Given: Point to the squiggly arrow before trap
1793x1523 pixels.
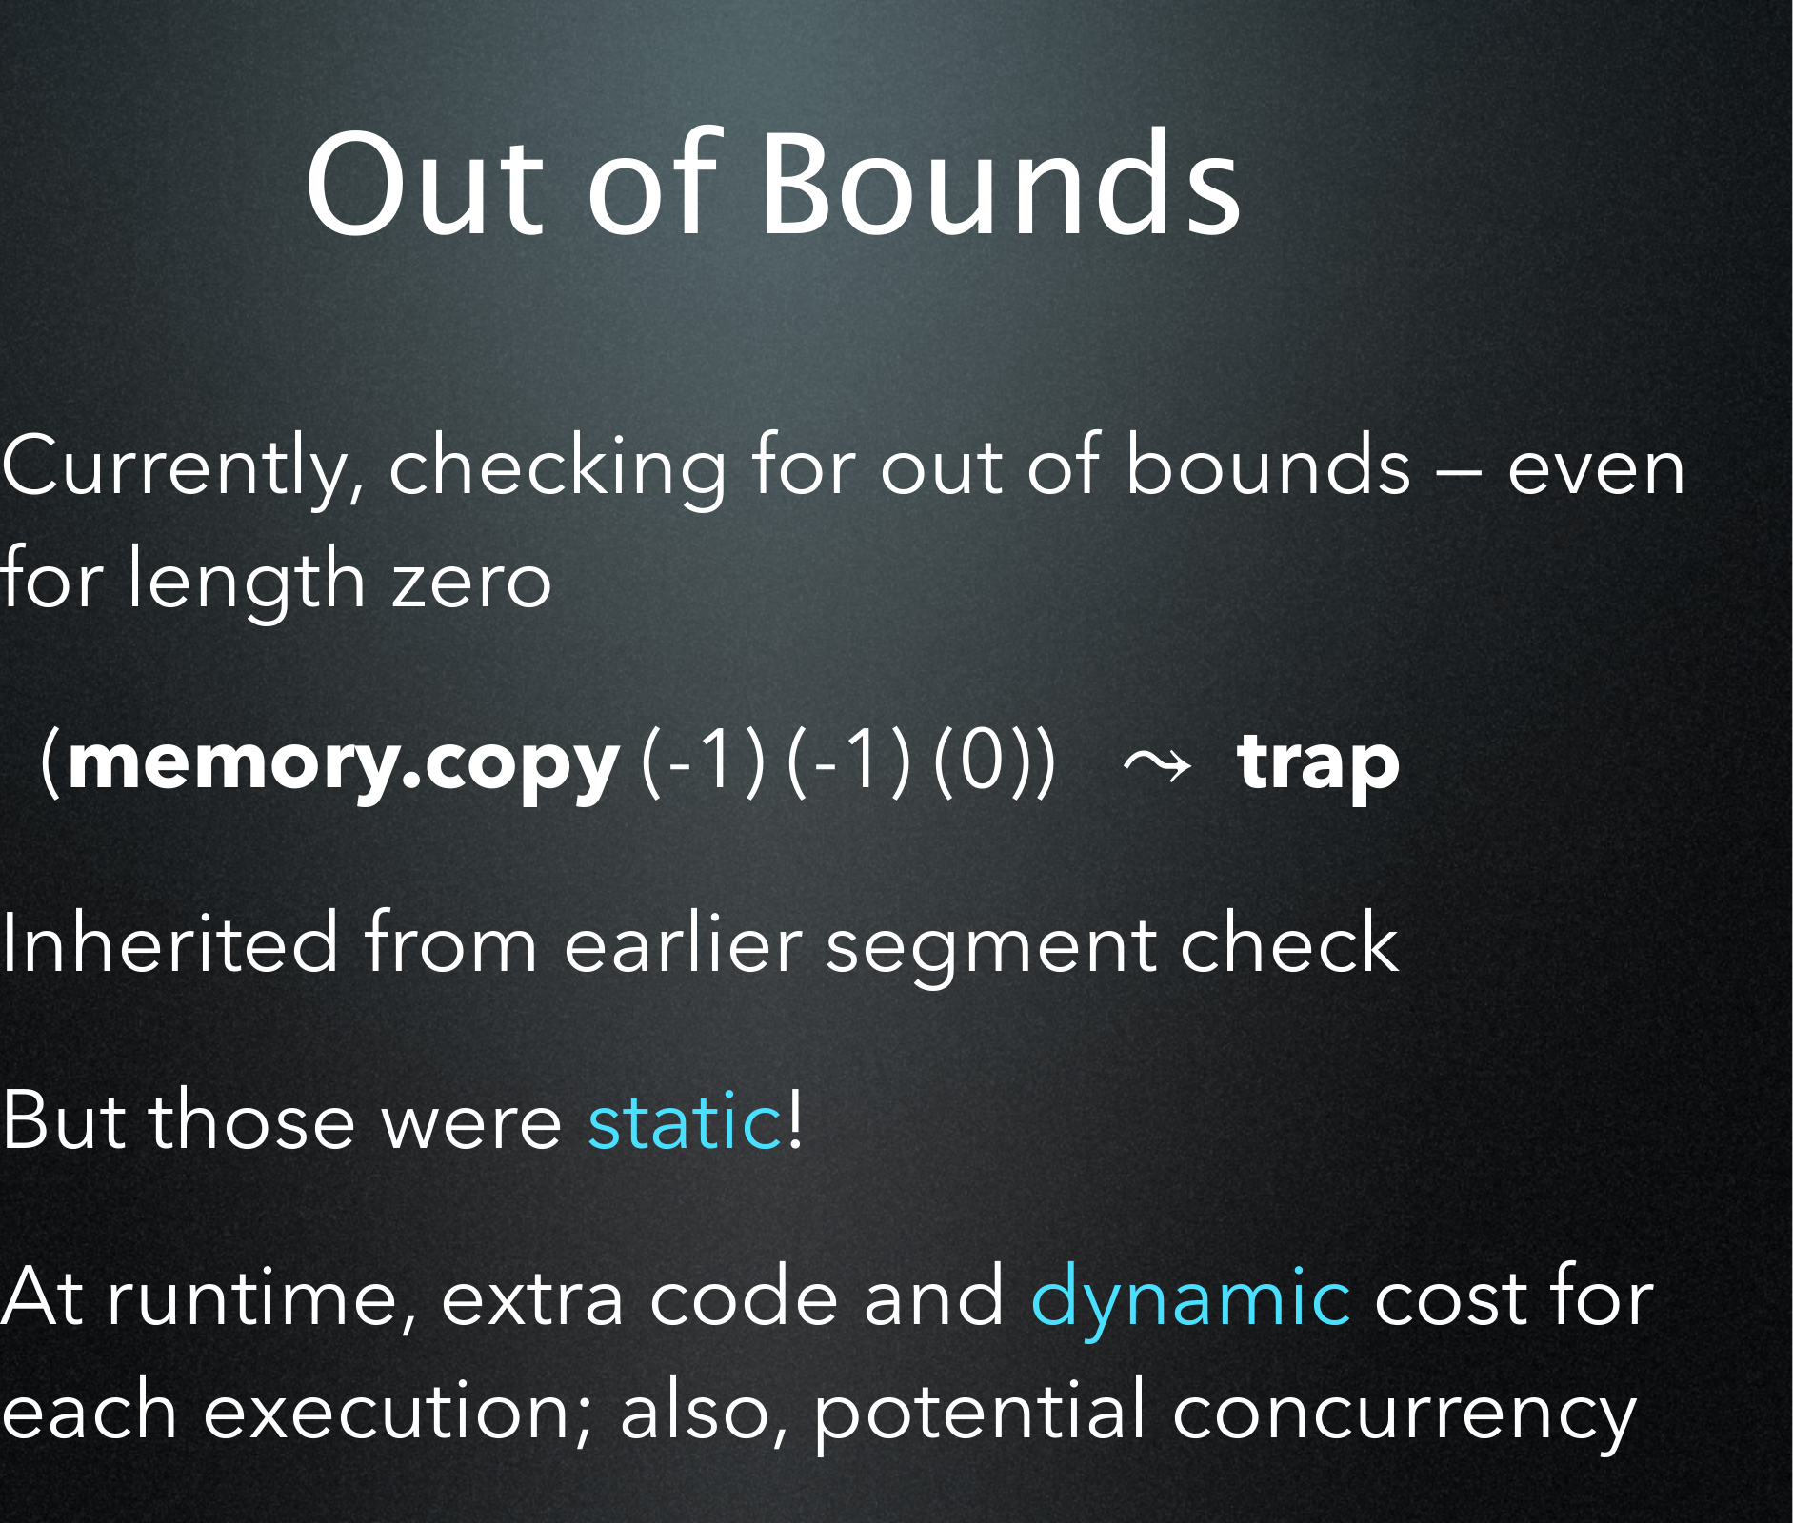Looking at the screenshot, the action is pyautogui.click(x=1157, y=763).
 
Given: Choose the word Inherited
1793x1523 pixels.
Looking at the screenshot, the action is pyautogui.click(x=169, y=943).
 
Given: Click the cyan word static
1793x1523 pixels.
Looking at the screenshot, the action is pyautogui.click(x=685, y=1121).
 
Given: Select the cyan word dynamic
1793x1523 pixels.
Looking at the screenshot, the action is pyautogui.click(x=1190, y=1299).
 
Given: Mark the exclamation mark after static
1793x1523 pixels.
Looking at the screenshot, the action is pyautogui.click(x=795, y=1118).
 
